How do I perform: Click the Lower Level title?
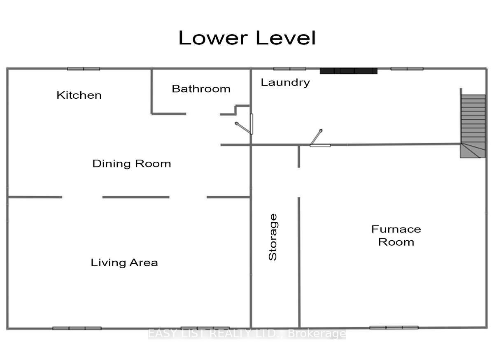tap(247, 38)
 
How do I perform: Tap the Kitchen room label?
tap(79, 95)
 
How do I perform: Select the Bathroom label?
tap(201, 89)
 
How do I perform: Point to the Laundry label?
tap(285, 83)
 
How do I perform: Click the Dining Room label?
tap(132, 164)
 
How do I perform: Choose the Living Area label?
tap(124, 263)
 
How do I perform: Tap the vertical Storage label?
tap(273, 237)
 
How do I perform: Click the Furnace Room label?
tap(396, 236)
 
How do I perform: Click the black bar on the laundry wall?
tap(349, 71)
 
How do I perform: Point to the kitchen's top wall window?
tap(84, 69)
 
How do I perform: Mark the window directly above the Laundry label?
tap(290, 69)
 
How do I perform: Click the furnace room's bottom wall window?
tap(394, 327)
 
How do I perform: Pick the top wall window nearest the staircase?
tap(407, 69)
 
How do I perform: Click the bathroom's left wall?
tap(152, 92)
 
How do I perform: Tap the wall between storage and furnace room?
tap(299, 262)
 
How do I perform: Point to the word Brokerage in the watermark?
tap(317, 334)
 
